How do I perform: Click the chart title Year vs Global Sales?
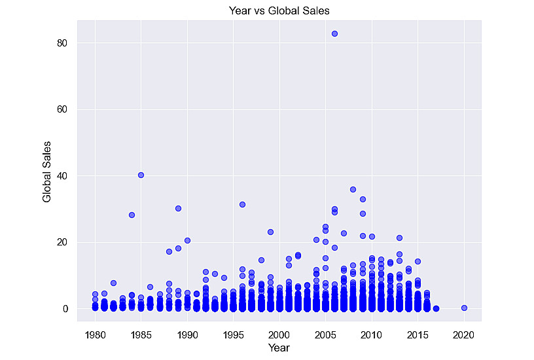tap(279, 10)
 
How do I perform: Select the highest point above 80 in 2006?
tap(335, 34)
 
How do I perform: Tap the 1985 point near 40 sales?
tap(141, 175)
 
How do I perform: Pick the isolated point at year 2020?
tap(464, 308)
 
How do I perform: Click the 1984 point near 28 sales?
tap(132, 215)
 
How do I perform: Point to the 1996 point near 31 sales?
tap(243, 204)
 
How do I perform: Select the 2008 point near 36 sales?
tap(353, 189)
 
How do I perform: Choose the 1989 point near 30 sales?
tap(178, 208)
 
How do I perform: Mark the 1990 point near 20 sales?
tap(187, 240)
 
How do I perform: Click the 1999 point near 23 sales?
tap(270, 232)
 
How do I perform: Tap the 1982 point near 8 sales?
tap(113, 283)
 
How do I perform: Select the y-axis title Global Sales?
tap(46, 171)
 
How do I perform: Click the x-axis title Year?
tap(279, 348)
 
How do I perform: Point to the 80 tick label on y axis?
tap(62, 43)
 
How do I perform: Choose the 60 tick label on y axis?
tap(62, 109)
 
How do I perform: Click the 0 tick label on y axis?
tap(65, 309)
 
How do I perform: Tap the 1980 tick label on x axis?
tap(96, 335)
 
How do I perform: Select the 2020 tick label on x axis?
tap(463, 335)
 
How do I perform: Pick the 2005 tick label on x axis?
tap(325, 335)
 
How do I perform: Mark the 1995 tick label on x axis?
tap(233, 335)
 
